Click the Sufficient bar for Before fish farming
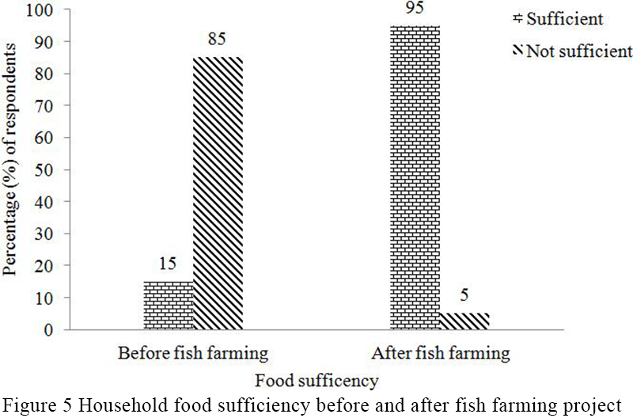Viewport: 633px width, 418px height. (168, 305)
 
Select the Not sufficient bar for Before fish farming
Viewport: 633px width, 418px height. (218, 193)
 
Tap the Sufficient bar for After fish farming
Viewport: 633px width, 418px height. (415, 177)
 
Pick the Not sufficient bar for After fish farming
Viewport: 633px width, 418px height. (464, 321)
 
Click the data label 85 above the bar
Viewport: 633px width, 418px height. (218, 40)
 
